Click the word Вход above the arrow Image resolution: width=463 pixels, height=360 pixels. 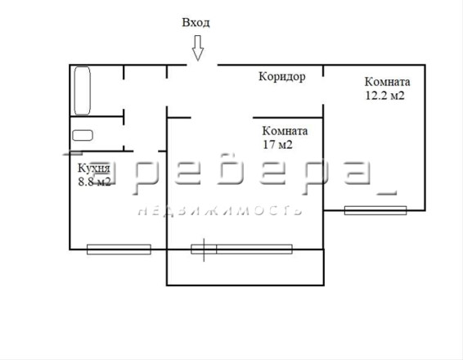tap(196, 23)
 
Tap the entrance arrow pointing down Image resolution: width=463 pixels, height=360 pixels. tap(198, 48)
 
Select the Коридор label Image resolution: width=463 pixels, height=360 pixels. tap(282, 77)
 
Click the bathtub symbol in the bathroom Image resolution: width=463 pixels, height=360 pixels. tap(82, 91)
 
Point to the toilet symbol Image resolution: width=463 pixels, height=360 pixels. tap(83, 135)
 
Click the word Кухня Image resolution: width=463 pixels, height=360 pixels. tap(94, 169)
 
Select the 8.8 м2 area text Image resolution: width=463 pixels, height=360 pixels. tap(95, 182)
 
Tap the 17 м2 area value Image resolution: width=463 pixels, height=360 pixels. tap(277, 145)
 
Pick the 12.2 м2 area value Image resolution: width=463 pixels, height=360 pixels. tap(385, 96)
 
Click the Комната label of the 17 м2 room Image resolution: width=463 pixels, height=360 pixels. tap(285, 131)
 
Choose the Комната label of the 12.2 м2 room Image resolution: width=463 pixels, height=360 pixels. tap(388, 82)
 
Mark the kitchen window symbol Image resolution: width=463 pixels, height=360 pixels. tap(119, 250)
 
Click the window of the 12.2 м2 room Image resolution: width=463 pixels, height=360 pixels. tap(375, 210)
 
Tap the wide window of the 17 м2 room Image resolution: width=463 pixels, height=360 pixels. tap(254, 249)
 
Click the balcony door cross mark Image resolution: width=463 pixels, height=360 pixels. tap(204, 250)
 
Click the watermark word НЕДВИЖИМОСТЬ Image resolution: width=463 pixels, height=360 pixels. tap(221, 210)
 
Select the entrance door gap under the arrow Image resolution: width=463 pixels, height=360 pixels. tap(202, 65)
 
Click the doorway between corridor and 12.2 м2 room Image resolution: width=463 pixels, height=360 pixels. tap(323, 90)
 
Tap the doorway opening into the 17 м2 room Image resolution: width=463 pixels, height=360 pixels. tap(222, 118)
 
